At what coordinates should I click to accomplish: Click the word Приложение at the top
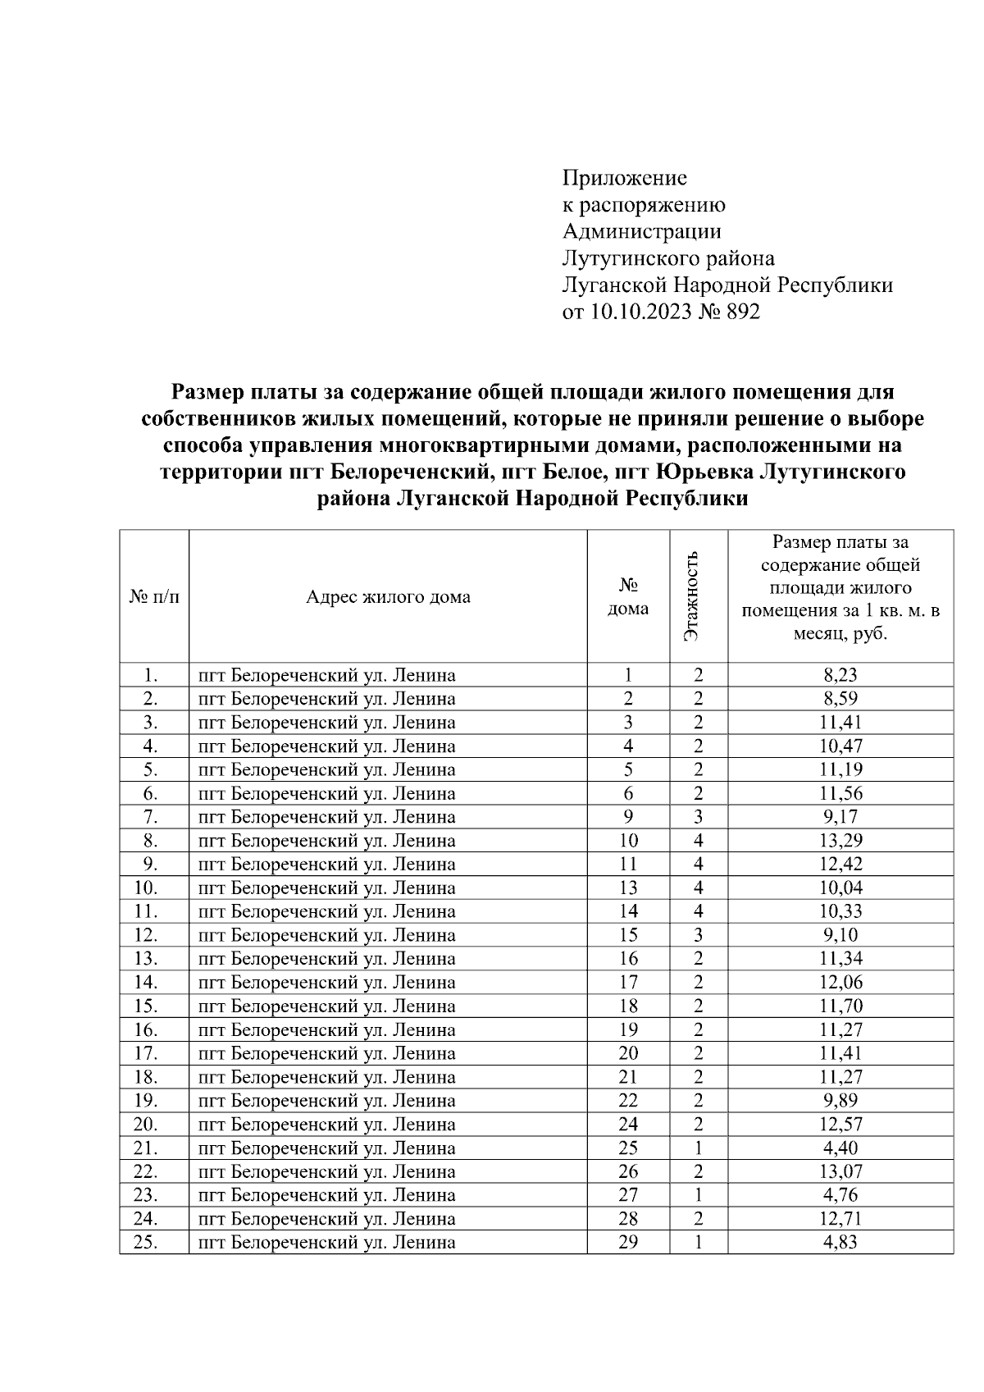[624, 178]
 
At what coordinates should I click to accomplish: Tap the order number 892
[741, 313]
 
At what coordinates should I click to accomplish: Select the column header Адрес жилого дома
[388, 597]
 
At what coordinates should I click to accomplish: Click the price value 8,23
[840, 675]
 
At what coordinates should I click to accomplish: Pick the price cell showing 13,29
[840, 841]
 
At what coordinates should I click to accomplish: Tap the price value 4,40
[840, 1148]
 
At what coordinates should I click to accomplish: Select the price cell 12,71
[840, 1219]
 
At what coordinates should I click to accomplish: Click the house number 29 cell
[627, 1243]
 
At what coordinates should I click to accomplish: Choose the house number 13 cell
[627, 888]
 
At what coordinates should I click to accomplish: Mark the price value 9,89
[840, 1101]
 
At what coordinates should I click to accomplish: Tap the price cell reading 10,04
[840, 888]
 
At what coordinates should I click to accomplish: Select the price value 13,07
[840, 1171]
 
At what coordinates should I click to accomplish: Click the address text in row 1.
[326, 675]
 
